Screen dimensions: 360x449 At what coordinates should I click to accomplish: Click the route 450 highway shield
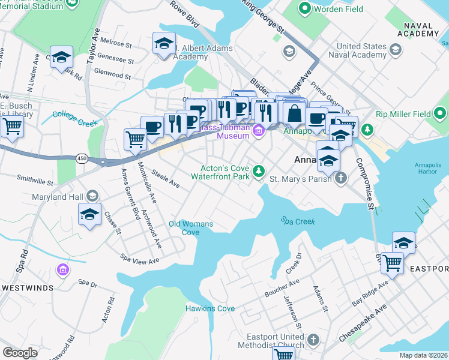pyautogui.click(x=82, y=158)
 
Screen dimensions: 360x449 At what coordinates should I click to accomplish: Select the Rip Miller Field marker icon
pyautogui.click(x=440, y=112)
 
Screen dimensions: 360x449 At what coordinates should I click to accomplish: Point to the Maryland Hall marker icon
pyautogui.click(x=92, y=196)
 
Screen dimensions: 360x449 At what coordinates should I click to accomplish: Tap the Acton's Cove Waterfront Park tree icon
pyautogui.click(x=259, y=172)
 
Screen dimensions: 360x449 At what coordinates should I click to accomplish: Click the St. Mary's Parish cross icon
pyautogui.click(x=340, y=178)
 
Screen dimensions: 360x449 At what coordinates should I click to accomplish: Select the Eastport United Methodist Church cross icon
pyautogui.click(x=312, y=341)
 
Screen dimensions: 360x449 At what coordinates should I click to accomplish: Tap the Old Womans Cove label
pyautogui.click(x=191, y=228)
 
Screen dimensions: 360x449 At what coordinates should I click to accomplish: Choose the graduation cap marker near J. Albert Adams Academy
pyautogui.click(x=164, y=43)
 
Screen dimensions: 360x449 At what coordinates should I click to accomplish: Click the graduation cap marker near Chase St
pyautogui.click(x=89, y=214)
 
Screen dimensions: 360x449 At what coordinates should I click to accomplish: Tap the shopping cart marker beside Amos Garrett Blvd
pyautogui.click(x=135, y=139)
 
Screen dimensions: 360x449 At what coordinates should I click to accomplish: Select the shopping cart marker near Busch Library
pyautogui.click(x=11, y=126)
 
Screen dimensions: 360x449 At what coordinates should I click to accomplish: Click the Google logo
pyautogui.click(x=20, y=353)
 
